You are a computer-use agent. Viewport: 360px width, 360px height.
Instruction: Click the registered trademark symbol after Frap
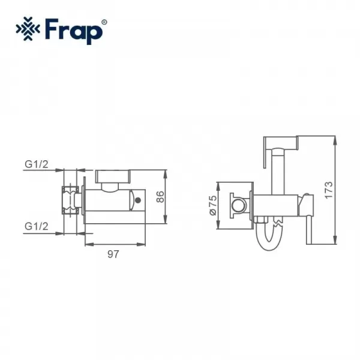[x=104, y=22]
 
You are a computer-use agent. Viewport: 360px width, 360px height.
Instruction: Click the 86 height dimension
[x=160, y=197]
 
